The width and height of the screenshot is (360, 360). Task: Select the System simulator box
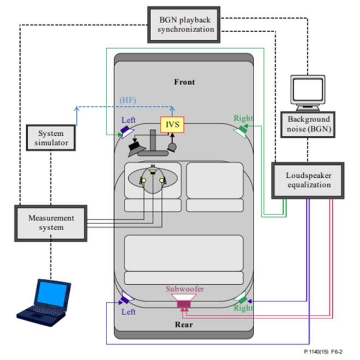point(51,137)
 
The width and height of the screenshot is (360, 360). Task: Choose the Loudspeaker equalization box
point(308,180)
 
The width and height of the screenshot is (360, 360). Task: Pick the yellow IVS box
point(172,125)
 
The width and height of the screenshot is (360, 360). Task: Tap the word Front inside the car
point(184,82)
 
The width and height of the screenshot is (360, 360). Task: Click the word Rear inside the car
point(184,325)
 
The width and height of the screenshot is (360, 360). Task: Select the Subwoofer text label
point(185,289)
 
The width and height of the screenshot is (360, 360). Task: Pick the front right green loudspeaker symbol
point(240,130)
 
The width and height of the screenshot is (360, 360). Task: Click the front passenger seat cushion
point(214,206)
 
